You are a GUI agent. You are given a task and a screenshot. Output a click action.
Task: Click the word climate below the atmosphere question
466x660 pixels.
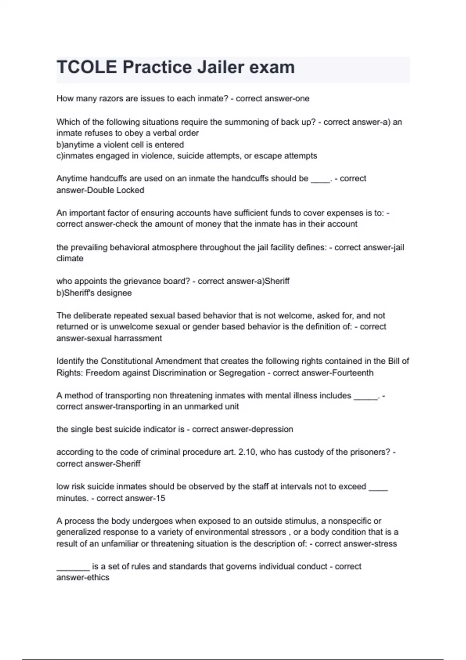click(70, 259)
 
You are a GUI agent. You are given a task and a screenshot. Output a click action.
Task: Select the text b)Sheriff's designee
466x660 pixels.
click(94, 293)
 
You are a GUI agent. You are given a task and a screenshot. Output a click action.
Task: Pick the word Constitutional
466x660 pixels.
click(127, 361)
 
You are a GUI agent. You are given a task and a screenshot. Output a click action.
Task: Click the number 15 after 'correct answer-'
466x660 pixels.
click(160, 498)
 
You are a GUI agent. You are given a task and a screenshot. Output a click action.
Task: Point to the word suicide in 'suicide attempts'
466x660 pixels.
click(190, 156)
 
